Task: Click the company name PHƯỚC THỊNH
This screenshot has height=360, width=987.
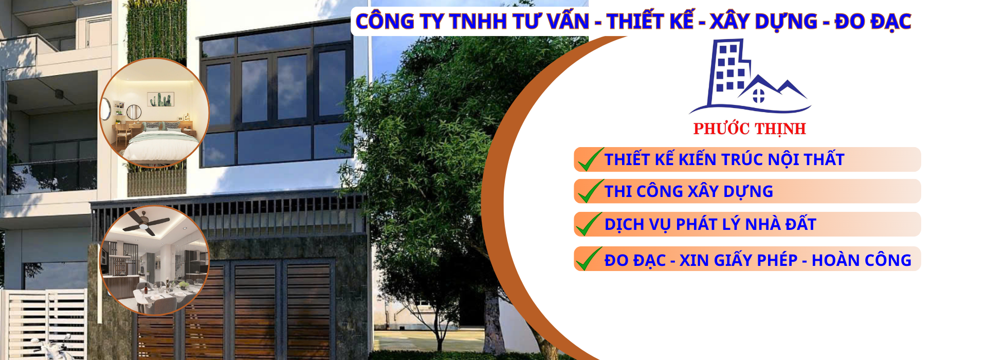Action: [750, 129]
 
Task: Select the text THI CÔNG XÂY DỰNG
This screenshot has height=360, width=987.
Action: [689, 191]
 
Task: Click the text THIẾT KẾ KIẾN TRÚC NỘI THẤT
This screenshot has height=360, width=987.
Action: [724, 159]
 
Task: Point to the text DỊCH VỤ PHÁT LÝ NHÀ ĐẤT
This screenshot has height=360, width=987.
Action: [710, 224]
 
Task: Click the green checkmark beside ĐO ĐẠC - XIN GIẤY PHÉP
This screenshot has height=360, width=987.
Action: [589, 258]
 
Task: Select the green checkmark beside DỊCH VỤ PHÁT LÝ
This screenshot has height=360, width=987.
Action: [589, 223]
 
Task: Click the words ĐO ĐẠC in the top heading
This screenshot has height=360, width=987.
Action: [873, 22]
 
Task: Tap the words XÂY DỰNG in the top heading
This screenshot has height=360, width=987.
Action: [763, 22]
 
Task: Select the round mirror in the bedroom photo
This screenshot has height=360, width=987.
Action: [134, 112]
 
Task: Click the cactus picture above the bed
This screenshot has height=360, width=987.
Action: [161, 99]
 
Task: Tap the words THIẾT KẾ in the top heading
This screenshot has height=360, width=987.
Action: [650, 22]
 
